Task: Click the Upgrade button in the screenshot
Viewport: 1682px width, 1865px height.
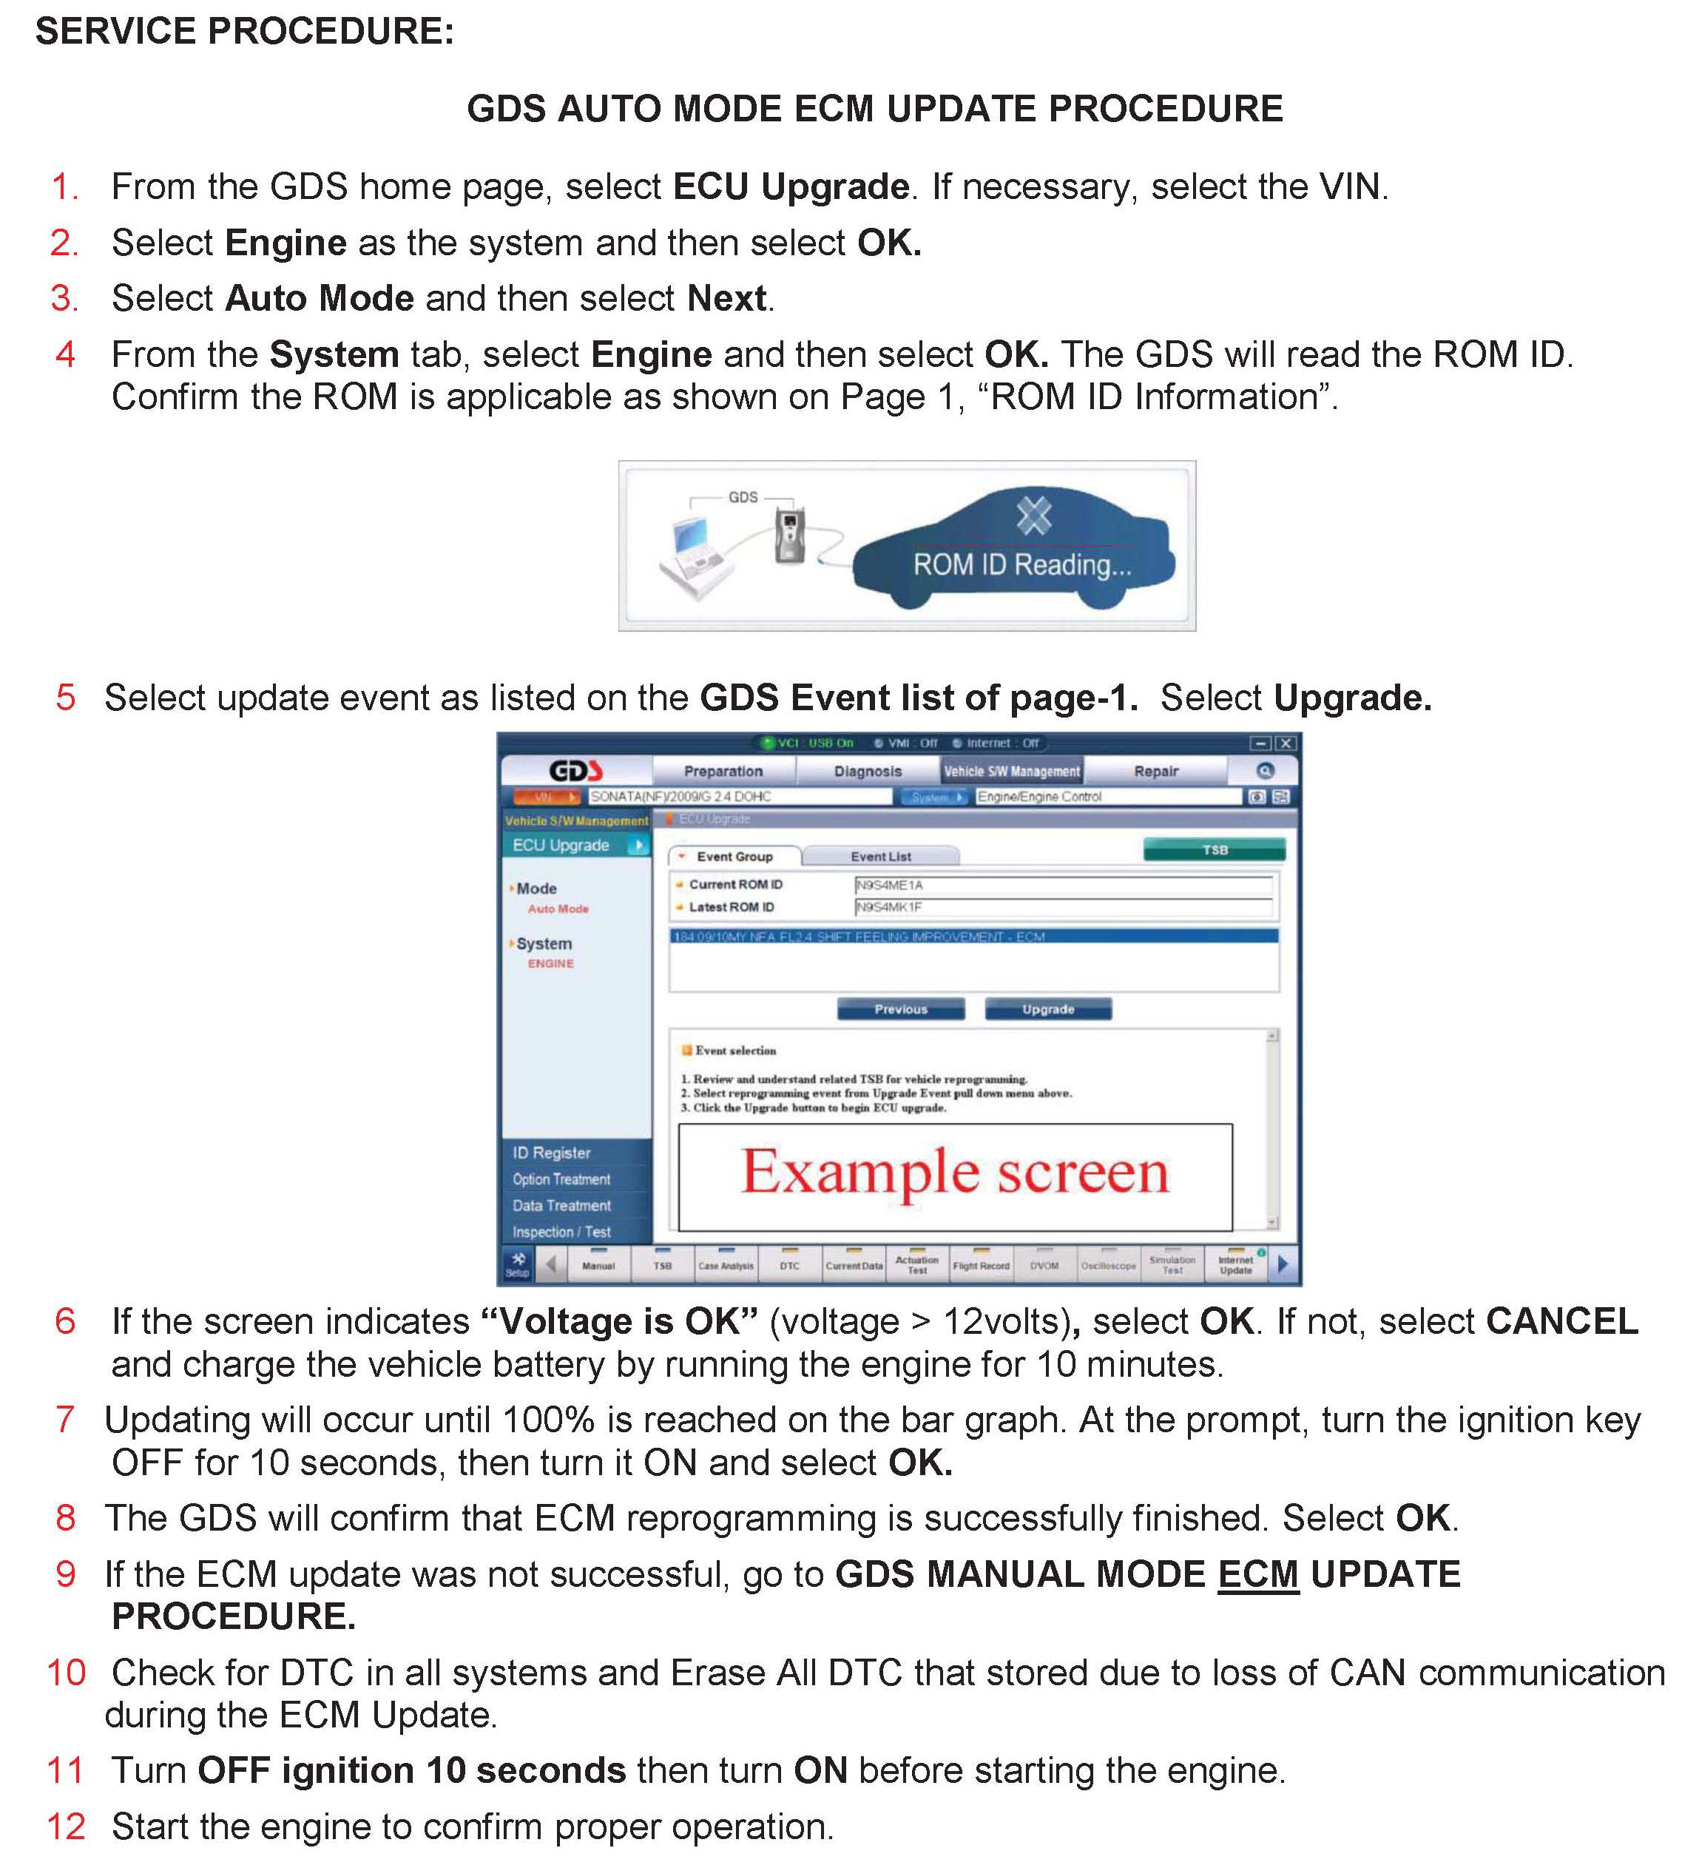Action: coord(1048,1009)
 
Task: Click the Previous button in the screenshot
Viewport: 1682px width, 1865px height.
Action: coord(900,1009)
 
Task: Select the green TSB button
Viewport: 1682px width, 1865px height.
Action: coord(1215,849)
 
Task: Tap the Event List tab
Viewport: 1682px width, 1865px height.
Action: coord(881,857)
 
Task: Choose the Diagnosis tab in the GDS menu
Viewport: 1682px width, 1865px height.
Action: coord(868,771)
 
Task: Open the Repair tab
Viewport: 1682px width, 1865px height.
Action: coord(1156,771)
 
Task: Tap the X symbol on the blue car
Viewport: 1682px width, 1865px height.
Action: coord(1033,516)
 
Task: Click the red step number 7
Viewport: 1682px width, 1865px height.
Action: coord(64,1419)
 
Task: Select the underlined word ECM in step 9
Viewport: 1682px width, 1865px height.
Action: coord(1258,1574)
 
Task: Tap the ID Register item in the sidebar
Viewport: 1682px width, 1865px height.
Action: coord(552,1153)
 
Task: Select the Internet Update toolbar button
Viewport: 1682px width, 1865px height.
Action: coord(1236,1264)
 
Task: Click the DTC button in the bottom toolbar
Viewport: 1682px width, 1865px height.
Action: coord(789,1265)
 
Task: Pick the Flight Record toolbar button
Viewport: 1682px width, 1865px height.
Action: coord(981,1265)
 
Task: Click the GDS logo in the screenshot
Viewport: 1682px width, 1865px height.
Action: coord(575,770)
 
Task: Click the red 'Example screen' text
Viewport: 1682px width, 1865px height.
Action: coord(955,1172)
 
